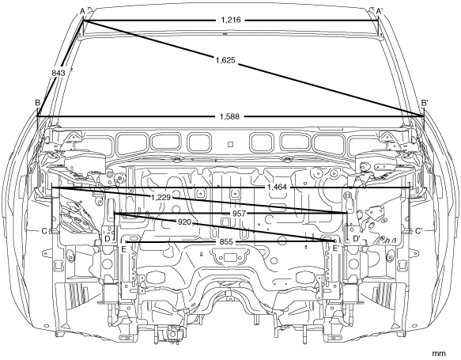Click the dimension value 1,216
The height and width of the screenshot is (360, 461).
pyautogui.click(x=231, y=20)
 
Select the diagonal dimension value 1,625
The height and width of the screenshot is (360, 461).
pyautogui.click(x=225, y=60)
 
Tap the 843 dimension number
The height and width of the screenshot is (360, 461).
pyautogui.click(x=59, y=73)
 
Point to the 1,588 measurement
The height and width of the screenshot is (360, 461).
pyautogui.click(x=229, y=116)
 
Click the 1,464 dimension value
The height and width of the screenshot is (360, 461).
pyautogui.click(x=277, y=187)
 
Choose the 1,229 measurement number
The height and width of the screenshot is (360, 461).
pyautogui.click(x=161, y=197)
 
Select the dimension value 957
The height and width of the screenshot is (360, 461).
pyautogui.click(x=239, y=214)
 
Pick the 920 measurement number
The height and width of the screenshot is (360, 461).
pyautogui.click(x=184, y=222)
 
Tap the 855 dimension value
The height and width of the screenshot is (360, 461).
pyautogui.click(x=226, y=242)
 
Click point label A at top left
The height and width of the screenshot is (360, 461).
pyautogui.click(x=82, y=11)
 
